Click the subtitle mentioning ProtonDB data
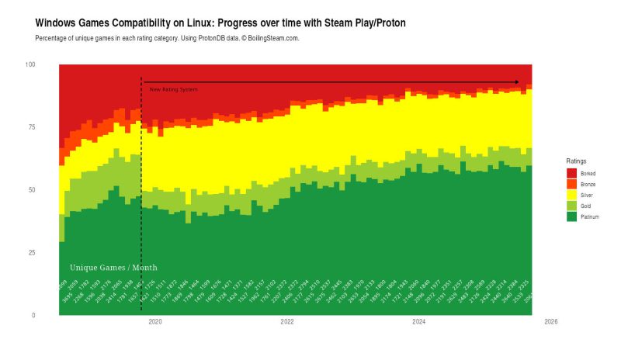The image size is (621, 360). tap(167, 38)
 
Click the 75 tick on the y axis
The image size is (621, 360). tap(32, 127)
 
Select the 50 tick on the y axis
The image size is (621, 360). tap(32, 190)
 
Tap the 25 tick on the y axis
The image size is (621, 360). tap(32, 253)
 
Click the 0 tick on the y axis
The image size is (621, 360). tap(33, 316)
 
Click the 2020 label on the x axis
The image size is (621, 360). tap(154, 321)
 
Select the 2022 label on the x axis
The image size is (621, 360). tap(286, 321)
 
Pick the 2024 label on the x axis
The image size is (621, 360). tap(418, 321)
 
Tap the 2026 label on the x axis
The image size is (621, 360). tap(550, 321)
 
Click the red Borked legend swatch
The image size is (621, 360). tap(571, 173)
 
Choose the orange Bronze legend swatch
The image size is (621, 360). tap(571, 184)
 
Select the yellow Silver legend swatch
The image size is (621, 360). tap(571, 195)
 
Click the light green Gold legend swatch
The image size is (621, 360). tap(571, 206)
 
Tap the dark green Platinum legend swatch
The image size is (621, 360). tap(571, 216)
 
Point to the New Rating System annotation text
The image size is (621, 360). tap(173, 90)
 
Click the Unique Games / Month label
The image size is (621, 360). tap(113, 268)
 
